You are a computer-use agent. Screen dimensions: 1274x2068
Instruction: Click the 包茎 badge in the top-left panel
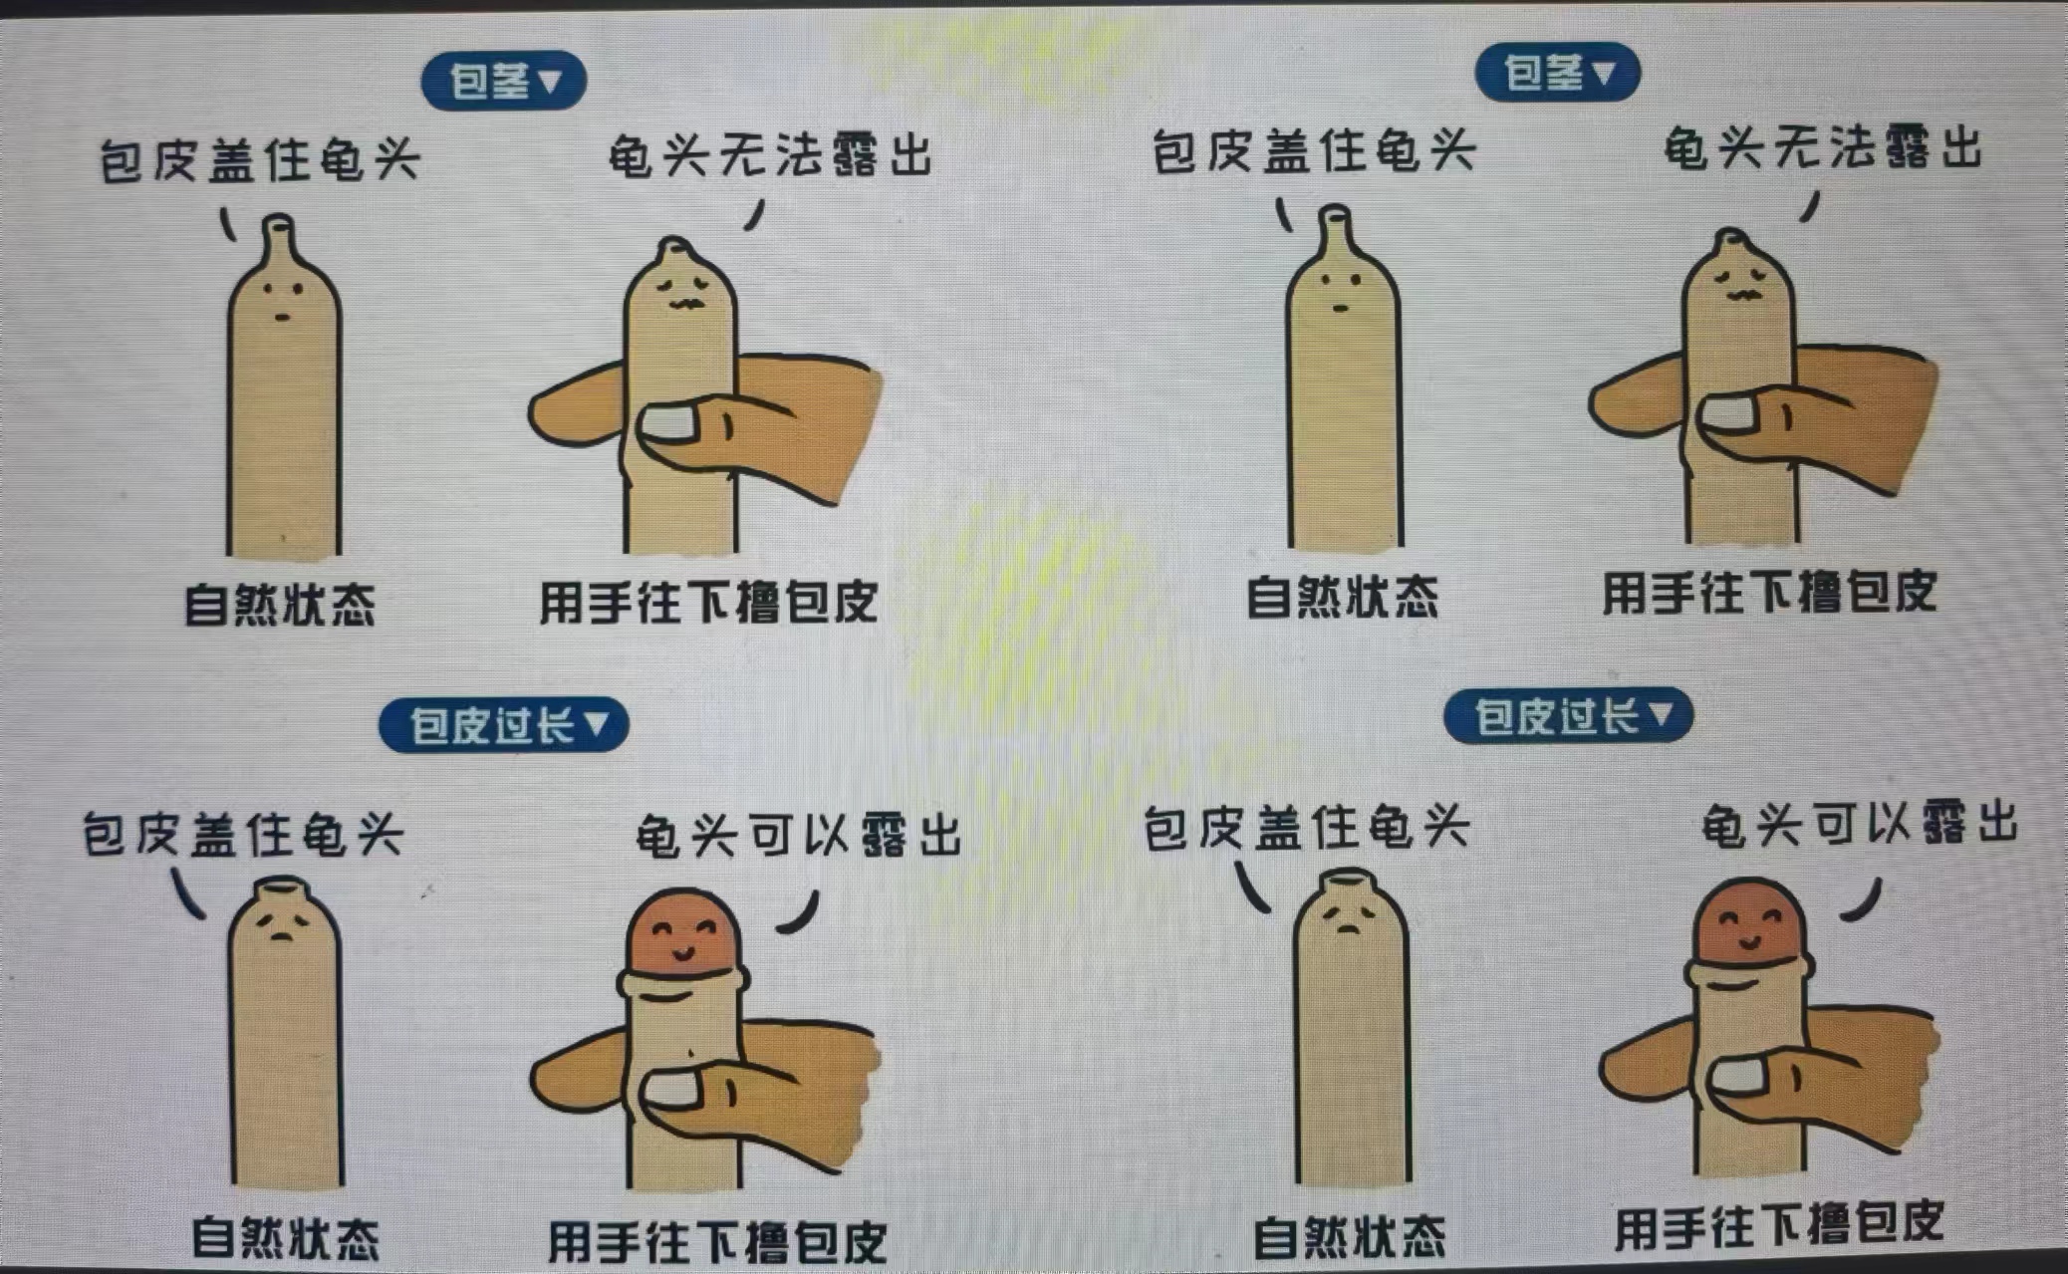503,81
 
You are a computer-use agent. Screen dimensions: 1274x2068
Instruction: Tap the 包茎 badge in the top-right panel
1557,73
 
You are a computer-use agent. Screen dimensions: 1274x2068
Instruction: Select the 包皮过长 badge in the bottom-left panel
503,724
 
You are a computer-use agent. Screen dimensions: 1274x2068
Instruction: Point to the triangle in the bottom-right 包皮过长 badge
1661,713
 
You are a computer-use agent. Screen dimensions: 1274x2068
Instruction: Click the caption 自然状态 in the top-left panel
280,605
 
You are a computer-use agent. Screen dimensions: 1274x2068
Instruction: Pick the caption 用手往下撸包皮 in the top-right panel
1769,593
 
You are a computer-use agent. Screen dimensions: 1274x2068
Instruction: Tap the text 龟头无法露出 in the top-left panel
769,156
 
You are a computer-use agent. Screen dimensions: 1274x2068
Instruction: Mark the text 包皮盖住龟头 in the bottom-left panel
242,834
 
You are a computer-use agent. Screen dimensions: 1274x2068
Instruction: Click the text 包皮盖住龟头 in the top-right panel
1313,152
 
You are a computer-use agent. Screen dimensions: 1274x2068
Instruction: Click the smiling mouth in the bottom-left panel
682,953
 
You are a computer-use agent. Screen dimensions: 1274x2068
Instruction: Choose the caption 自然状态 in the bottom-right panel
1349,1236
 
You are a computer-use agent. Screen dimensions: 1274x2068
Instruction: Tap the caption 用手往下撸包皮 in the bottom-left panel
717,1242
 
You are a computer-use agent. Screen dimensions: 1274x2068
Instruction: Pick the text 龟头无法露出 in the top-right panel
1823,149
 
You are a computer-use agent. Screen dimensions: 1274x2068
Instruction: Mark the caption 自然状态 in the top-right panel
1343,597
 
